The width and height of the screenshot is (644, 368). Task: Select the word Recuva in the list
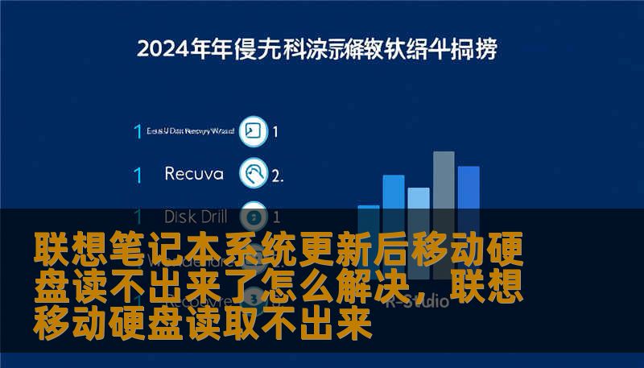coord(194,173)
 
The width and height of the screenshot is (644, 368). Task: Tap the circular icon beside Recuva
coord(254,173)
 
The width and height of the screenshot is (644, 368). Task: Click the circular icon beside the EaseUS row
coord(254,131)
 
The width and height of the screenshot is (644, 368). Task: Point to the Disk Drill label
coord(196,217)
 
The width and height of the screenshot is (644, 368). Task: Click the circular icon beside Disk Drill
coord(254,217)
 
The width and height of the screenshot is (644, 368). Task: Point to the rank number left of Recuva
coord(138,174)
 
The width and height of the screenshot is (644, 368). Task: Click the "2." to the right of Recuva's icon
coord(278,174)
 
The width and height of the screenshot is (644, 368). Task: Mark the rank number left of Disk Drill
coord(138,217)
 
